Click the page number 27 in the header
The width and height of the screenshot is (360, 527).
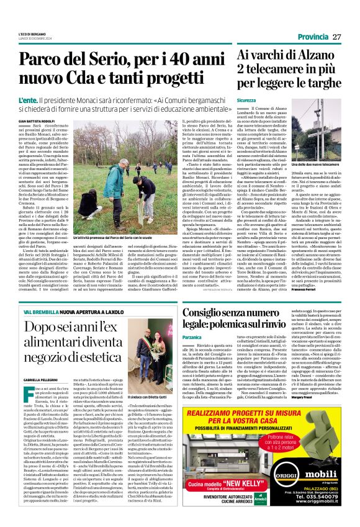(x=337, y=37)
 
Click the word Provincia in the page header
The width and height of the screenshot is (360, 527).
(x=313, y=37)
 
